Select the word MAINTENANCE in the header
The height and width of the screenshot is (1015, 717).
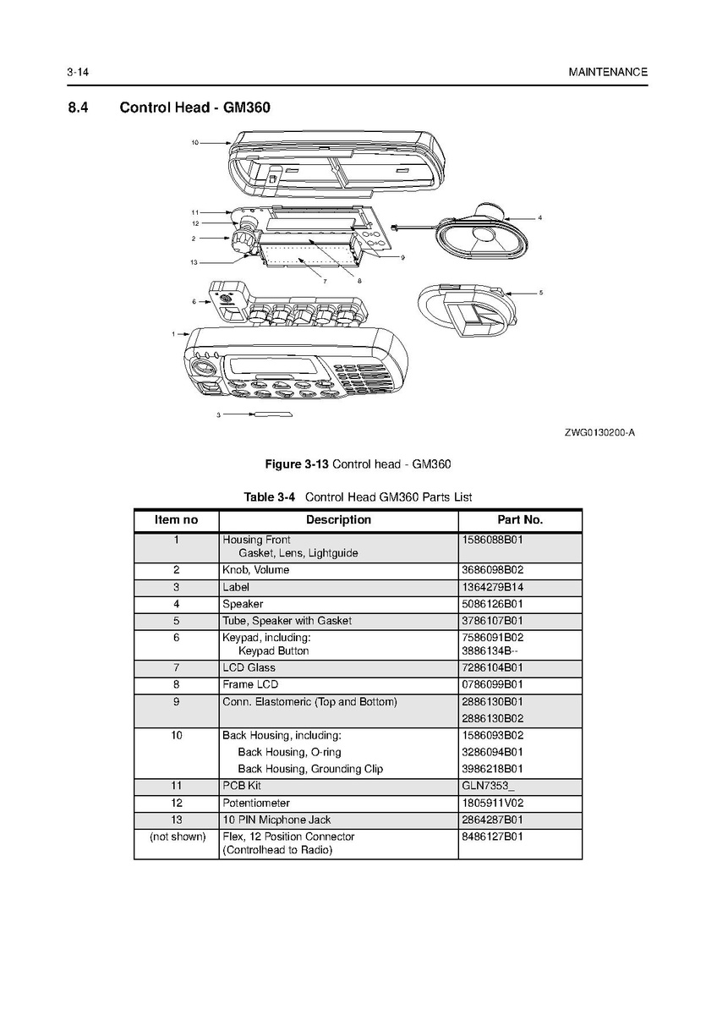pos(608,73)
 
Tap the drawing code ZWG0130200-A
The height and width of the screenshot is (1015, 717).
pos(599,433)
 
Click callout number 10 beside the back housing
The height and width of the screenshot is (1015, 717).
pos(194,143)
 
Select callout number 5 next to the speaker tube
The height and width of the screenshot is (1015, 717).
pos(540,293)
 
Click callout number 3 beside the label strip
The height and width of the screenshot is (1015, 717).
pos(218,415)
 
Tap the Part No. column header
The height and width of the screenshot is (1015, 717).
pos(519,520)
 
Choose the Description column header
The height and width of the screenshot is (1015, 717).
pos(338,520)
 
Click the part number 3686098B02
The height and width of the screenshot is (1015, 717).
pos(493,570)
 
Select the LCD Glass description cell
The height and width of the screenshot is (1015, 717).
pos(249,668)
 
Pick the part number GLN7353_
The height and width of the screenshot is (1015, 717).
pos(488,786)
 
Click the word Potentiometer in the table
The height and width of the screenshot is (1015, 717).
pos(255,803)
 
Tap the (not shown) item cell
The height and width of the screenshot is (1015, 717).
pos(177,837)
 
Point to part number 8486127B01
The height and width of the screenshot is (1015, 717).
pos(493,837)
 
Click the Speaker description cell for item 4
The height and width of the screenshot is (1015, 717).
pos(243,604)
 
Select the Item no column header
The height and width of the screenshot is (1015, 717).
pos(176,520)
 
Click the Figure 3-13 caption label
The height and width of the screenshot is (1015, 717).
pos(298,464)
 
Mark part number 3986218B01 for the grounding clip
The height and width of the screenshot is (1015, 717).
pos(493,769)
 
